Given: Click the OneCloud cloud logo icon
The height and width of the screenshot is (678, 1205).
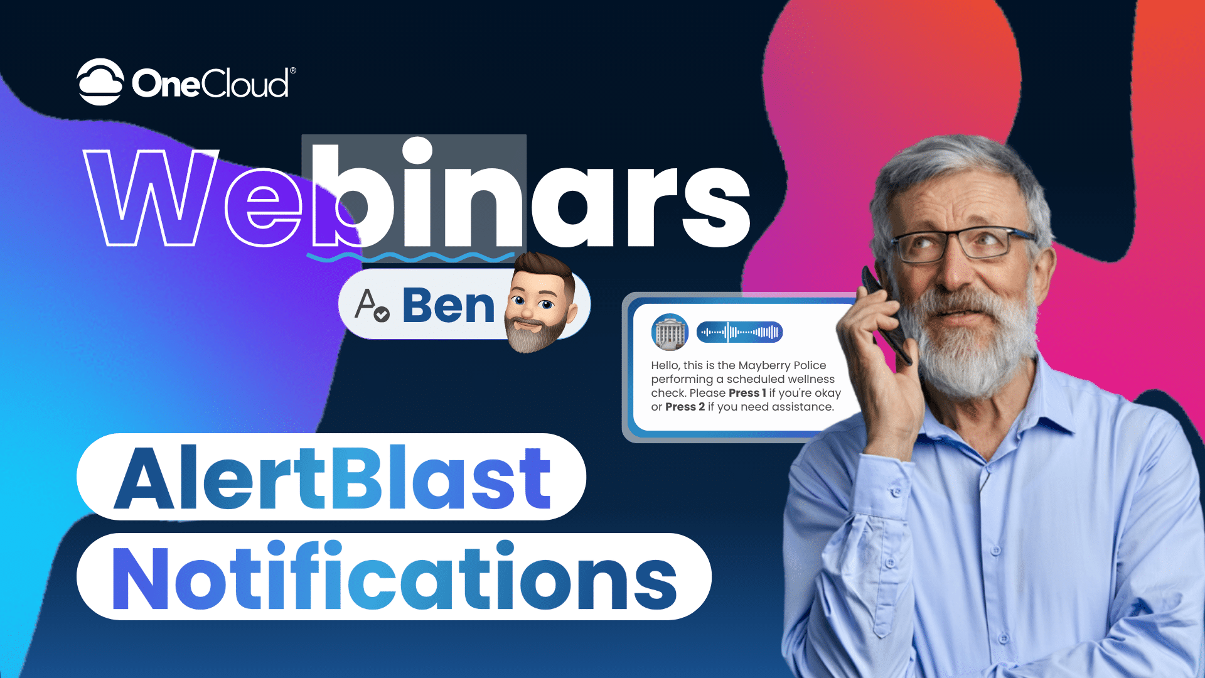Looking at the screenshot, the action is click(100, 82).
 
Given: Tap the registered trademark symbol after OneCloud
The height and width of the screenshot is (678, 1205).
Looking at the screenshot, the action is click(292, 71).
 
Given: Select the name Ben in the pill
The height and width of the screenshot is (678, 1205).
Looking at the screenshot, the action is click(448, 306).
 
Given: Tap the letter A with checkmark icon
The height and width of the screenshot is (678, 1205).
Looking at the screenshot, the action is click(372, 306).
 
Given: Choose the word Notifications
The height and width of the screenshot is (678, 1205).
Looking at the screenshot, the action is click(395, 576).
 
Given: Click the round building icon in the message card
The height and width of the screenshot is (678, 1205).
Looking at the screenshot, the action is click(670, 332).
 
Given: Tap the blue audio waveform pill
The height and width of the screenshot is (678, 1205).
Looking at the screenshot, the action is click(739, 332).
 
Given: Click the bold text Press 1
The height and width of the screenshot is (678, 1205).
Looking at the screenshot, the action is click(747, 393).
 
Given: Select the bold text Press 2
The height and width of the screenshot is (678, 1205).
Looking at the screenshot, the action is click(685, 407).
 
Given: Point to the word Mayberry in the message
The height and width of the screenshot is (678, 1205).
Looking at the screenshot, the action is click(764, 366).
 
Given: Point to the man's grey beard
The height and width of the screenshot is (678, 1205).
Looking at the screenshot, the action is click(967, 339).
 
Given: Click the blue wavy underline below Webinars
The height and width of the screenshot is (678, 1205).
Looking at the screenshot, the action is click(410, 257).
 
